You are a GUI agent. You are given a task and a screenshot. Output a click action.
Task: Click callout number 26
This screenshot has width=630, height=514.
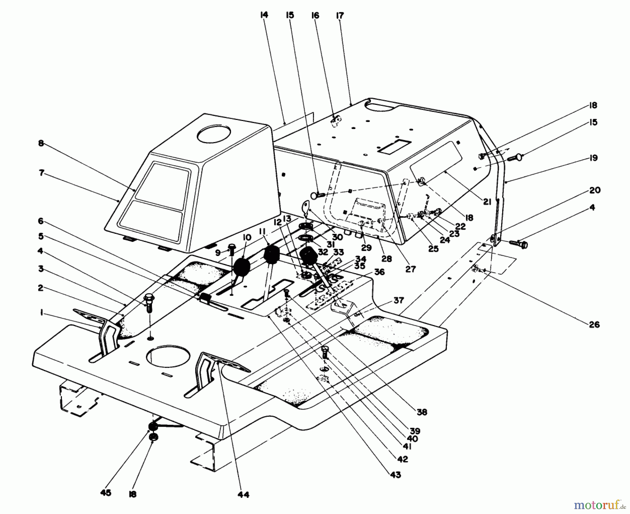[x=594, y=325]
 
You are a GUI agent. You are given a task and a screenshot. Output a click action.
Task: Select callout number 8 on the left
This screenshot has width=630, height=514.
[x=41, y=143]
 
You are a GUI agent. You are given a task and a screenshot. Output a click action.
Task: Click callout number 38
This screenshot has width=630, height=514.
[x=422, y=412]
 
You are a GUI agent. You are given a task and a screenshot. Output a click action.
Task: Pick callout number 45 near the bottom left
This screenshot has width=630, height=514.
[x=105, y=493]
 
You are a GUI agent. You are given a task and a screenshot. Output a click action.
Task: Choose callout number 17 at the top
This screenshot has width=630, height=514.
[x=339, y=15]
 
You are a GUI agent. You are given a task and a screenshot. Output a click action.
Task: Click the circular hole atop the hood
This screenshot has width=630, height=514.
[x=214, y=134]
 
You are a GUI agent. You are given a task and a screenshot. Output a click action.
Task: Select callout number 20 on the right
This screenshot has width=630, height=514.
[x=595, y=190]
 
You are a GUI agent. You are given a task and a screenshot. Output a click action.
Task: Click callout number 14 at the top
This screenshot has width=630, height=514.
[x=264, y=15]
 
